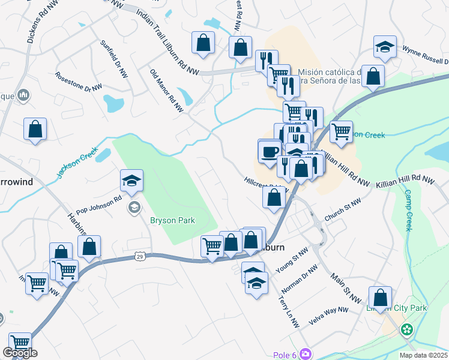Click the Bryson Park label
(172, 220)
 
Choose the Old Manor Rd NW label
(166, 91)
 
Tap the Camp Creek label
(408, 211)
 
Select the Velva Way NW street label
(327, 316)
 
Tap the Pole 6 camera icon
(307, 354)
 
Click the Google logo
(20, 353)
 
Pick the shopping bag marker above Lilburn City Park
(380, 297)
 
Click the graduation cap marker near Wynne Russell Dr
(384, 47)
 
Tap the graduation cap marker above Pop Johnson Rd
(131, 179)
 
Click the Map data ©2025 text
(423, 355)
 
